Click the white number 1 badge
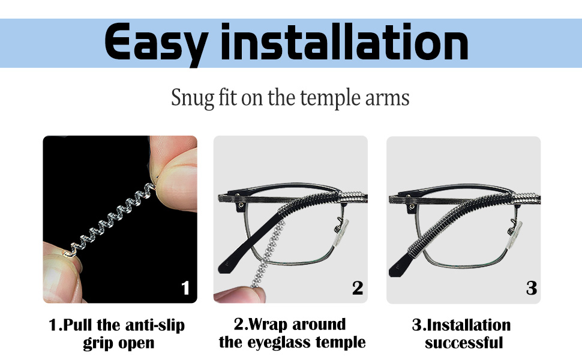(185, 289)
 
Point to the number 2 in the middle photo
(358, 288)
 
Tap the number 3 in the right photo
(531, 288)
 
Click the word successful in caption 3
(464, 344)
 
